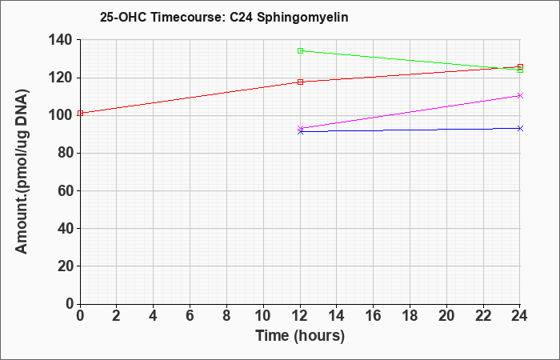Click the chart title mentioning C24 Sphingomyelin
(x=224, y=18)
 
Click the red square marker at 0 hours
(x=80, y=114)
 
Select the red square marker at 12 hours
(x=300, y=82)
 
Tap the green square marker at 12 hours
(x=300, y=50)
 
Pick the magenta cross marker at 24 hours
(x=520, y=95)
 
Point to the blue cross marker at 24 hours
(x=520, y=128)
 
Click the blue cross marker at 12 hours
(x=300, y=132)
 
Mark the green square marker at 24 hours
(x=520, y=70)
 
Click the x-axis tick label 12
(x=300, y=316)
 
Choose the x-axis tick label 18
(x=410, y=316)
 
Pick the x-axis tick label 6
(x=190, y=316)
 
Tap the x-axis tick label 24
(x=520, y=316)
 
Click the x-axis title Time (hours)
(x=300, y=336)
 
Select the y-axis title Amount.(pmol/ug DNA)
(x=22, y=171)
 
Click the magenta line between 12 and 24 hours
(x=410, y=112)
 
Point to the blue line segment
(x=410, y=130)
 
